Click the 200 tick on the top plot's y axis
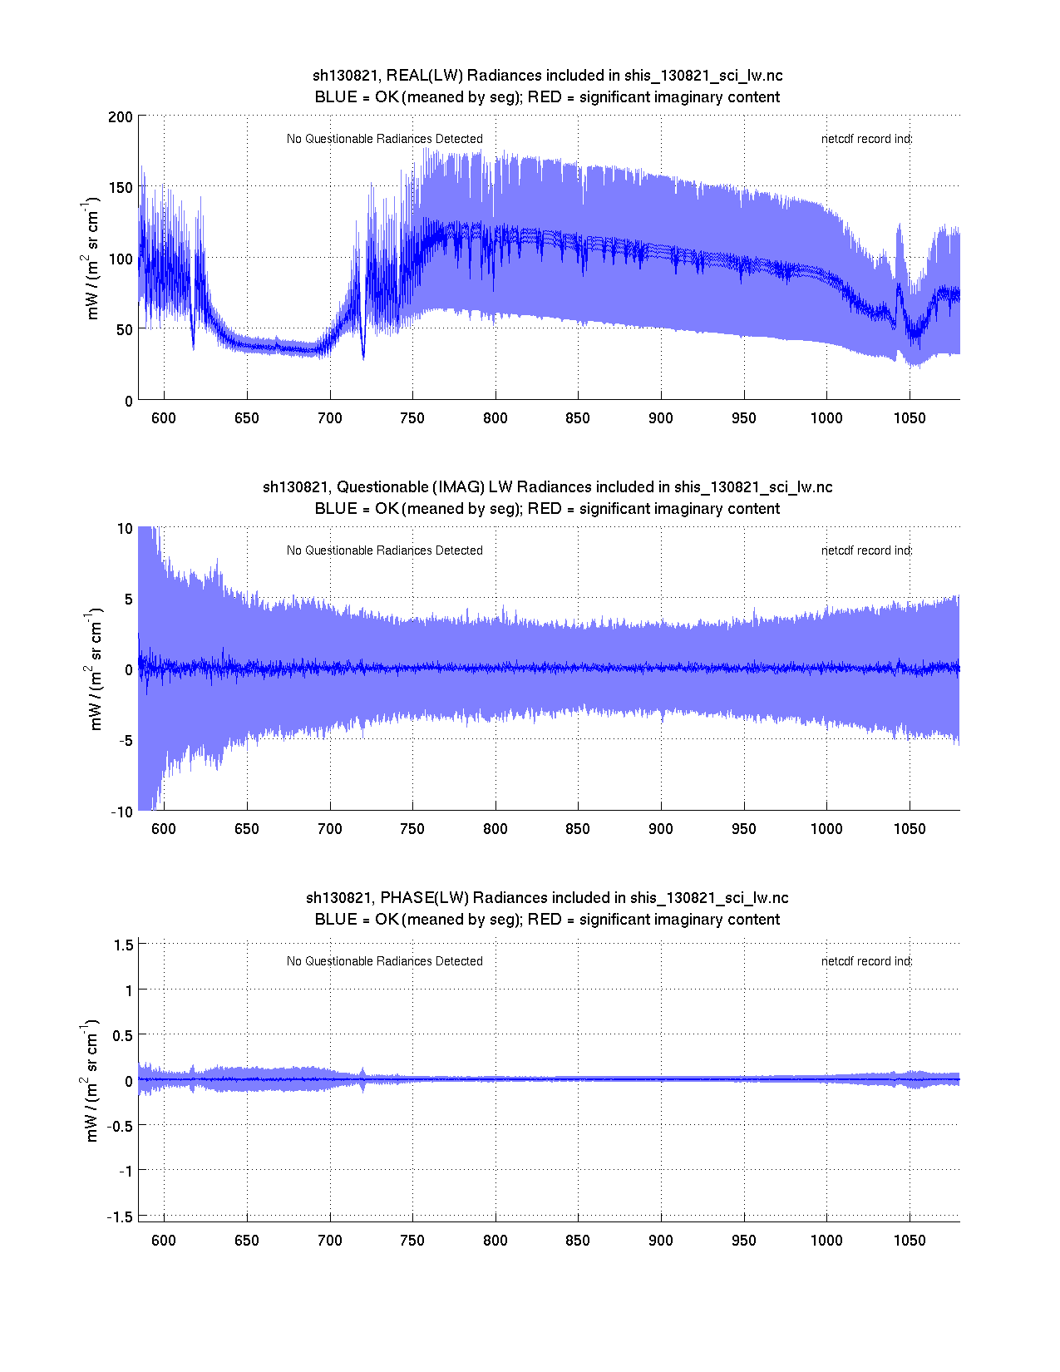click(121, 116)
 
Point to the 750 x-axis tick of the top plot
click(412, 418)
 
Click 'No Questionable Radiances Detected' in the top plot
click(384, 139)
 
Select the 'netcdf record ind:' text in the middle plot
click(866, 550)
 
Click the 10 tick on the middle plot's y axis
click(125, 529)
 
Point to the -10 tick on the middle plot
click(121, 812)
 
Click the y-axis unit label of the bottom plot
click(91, 1080)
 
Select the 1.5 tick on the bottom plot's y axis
click(123, 945)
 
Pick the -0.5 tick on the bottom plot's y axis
click(120, 1125)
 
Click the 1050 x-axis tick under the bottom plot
click(910, 1241)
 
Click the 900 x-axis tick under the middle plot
click(661, 829)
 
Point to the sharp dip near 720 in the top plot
click(363, 356)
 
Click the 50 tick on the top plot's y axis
click(124, 329)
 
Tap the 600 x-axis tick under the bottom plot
click(164, 1241)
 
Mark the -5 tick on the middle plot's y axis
click(124, 741)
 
